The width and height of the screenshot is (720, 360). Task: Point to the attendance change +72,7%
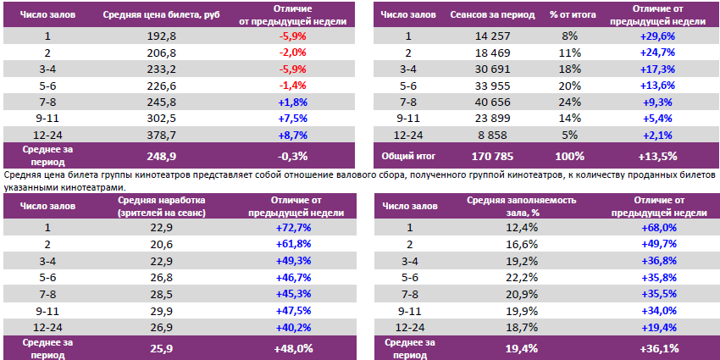point(293,228)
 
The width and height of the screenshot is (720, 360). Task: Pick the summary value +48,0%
point(293,347)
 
